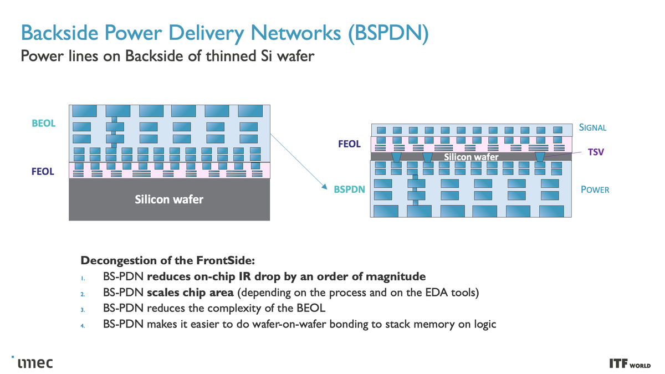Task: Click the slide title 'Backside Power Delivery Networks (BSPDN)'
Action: click(x=224, y=33)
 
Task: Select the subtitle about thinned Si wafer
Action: click(x=167, y=57)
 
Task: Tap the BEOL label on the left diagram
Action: click(x=44, y=124)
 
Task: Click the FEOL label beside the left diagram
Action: click(x=43, y=172)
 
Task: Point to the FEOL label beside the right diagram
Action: click(x=349, y=144)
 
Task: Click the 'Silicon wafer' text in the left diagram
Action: click(x=169, y=199)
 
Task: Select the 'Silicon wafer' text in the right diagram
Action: click(x=471, y=157)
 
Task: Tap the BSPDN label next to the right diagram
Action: click(x=349, y=189)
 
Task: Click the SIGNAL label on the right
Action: click(x=592, y=127)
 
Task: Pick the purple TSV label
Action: click(x=595, y=151)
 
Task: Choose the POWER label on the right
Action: click(x=595, y=190)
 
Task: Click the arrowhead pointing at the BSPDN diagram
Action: click(x=324, y=188)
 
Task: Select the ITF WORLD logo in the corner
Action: click(x=630, y=364)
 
